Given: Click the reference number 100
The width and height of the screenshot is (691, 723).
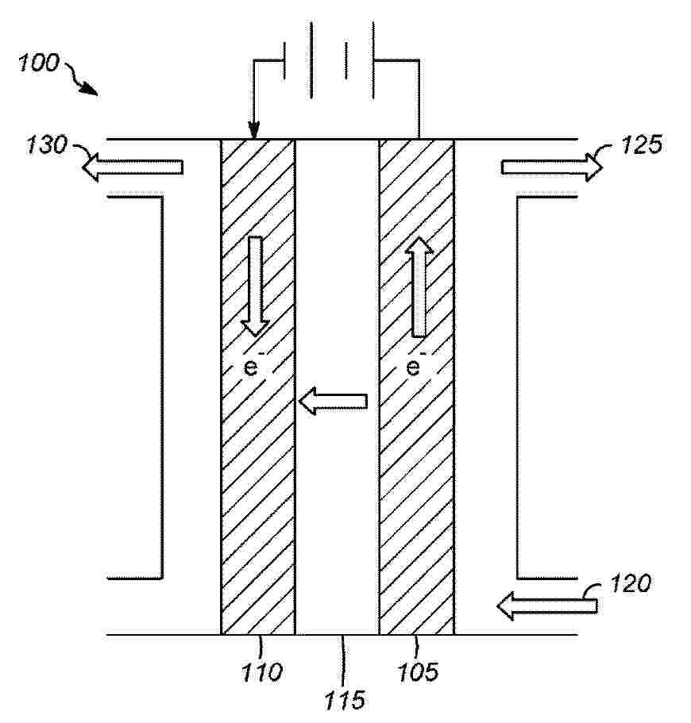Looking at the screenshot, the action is click(39, 62).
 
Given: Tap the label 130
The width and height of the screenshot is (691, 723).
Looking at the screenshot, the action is click(47, 144).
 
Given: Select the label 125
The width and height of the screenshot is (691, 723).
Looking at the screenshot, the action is click(642, 144).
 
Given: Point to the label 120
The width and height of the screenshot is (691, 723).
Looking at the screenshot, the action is click(631, 583).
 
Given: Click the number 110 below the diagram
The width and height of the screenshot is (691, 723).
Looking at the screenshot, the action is click(262, 672).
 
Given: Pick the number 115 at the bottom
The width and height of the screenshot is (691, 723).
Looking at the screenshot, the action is click(345, 700).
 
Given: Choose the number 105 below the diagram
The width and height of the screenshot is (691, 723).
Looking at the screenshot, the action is click(419, 672).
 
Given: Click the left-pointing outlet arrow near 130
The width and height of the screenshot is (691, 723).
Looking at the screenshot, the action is click(133, 167).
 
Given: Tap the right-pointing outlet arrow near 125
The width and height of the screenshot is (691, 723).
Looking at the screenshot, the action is click(552, 167).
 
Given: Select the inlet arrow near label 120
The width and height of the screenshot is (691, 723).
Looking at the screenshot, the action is click(547, 606).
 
